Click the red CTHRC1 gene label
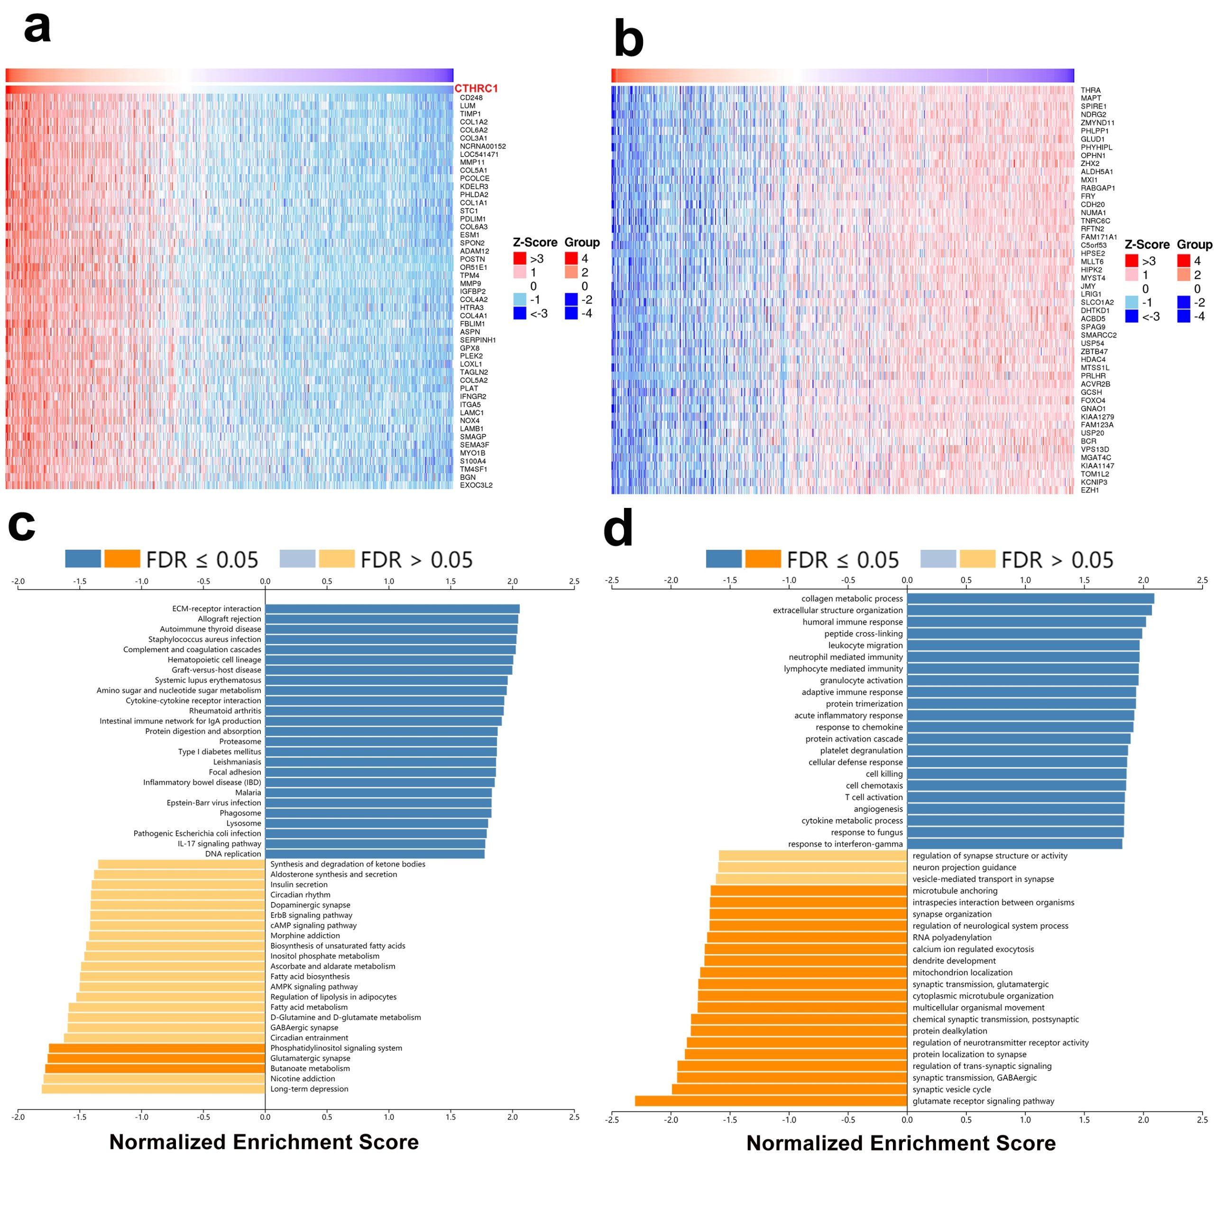476,89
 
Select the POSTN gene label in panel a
472,259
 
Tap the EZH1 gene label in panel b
1090,490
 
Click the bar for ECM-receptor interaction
392,609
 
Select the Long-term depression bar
153,1089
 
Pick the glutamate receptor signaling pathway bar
771,1101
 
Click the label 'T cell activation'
874,797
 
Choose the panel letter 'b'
628,39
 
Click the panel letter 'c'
21,525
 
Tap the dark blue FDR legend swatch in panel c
83,559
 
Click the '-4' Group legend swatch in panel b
1184,316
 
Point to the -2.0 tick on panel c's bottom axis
18,1117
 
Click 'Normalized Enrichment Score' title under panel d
901,1143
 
